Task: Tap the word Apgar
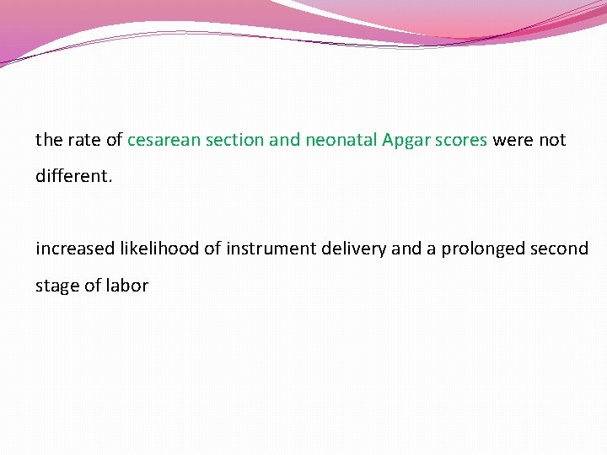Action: tap(406, 140)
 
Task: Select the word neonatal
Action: tap(341, 140)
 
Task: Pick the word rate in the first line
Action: tap(82, 140)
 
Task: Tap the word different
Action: tap(72, 177)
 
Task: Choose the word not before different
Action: tap(552, 140)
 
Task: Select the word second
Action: tap(561, 249)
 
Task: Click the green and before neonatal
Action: tap(284, 140)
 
